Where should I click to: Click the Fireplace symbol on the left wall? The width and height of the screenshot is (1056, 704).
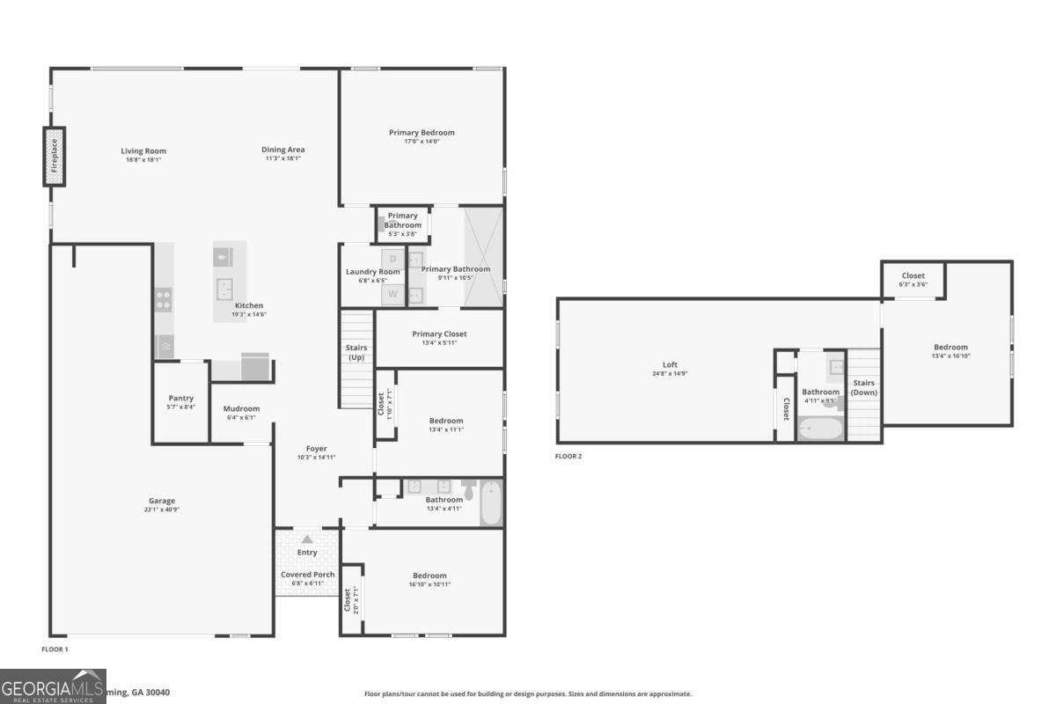[x=55, y=157]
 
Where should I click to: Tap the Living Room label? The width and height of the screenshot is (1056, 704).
[x=143, y=151]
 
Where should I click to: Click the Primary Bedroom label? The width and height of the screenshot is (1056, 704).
[x=422, y=133]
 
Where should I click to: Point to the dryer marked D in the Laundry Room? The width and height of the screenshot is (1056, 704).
[x=392, y=259]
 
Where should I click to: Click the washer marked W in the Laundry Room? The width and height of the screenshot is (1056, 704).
[x=392, y=294]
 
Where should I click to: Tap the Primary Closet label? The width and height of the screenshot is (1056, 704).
[x=439, y=334]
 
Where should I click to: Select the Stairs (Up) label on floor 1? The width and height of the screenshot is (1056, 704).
[x=356, y=353]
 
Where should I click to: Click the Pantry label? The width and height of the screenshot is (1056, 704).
[x=180, y=399]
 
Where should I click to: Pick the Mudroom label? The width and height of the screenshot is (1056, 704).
[x=241, y=408]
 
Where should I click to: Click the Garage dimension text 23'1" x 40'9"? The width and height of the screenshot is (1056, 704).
[x=162, y=510]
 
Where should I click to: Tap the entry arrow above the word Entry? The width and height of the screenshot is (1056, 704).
[x=307, y=539]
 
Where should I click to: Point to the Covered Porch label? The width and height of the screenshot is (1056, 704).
[x=307, y=575]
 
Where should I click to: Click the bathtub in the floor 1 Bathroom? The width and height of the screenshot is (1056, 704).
[x=492, y=503]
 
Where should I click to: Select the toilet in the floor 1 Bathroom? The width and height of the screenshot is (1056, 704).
[x=468, y=489]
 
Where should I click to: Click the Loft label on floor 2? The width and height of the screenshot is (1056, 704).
[x=670, y=364]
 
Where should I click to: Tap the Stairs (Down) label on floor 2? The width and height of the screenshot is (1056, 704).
[x=863, y=387]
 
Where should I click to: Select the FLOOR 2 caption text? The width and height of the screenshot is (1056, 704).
[x=568, y=456]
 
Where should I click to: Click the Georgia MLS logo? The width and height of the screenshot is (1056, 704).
[x=53, y=686]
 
